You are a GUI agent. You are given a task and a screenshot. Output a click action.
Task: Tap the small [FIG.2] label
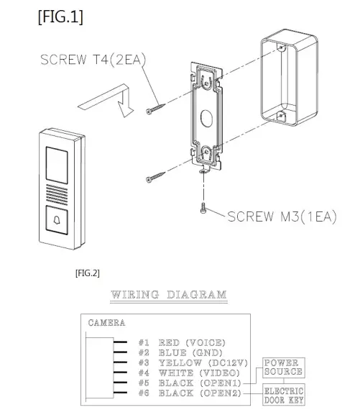tap(87, 273)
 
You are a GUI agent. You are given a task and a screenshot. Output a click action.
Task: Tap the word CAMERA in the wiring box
tap(106, 323)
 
